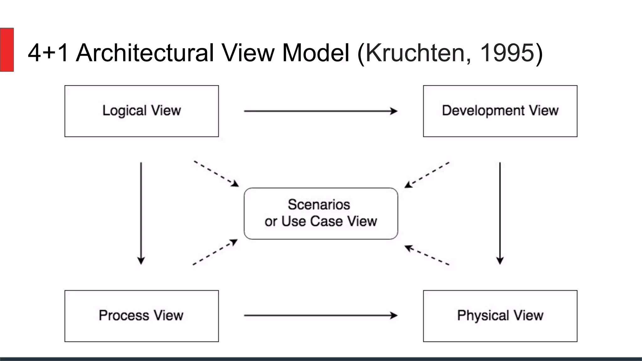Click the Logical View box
click(141, 111)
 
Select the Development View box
click(500, 111)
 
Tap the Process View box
click(141, 316)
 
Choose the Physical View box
click(500, 316)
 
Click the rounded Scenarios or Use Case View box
click(321, 214)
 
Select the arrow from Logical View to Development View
click(320, 111)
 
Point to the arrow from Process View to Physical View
click(320, 315)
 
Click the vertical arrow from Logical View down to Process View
click(141, 213)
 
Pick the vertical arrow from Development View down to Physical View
click(500, 213)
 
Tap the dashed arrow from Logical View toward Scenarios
click(216, 174)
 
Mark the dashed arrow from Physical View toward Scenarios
click(427, 255)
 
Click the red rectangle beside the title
click(7, 50)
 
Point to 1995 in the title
click(507, 53)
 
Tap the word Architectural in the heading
click(145, 53)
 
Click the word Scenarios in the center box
click(319, 205)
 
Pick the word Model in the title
click(315, 53)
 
